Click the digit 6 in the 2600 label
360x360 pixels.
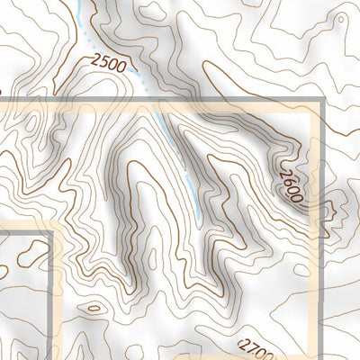[292, 179]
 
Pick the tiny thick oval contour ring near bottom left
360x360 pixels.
[93, 310]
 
